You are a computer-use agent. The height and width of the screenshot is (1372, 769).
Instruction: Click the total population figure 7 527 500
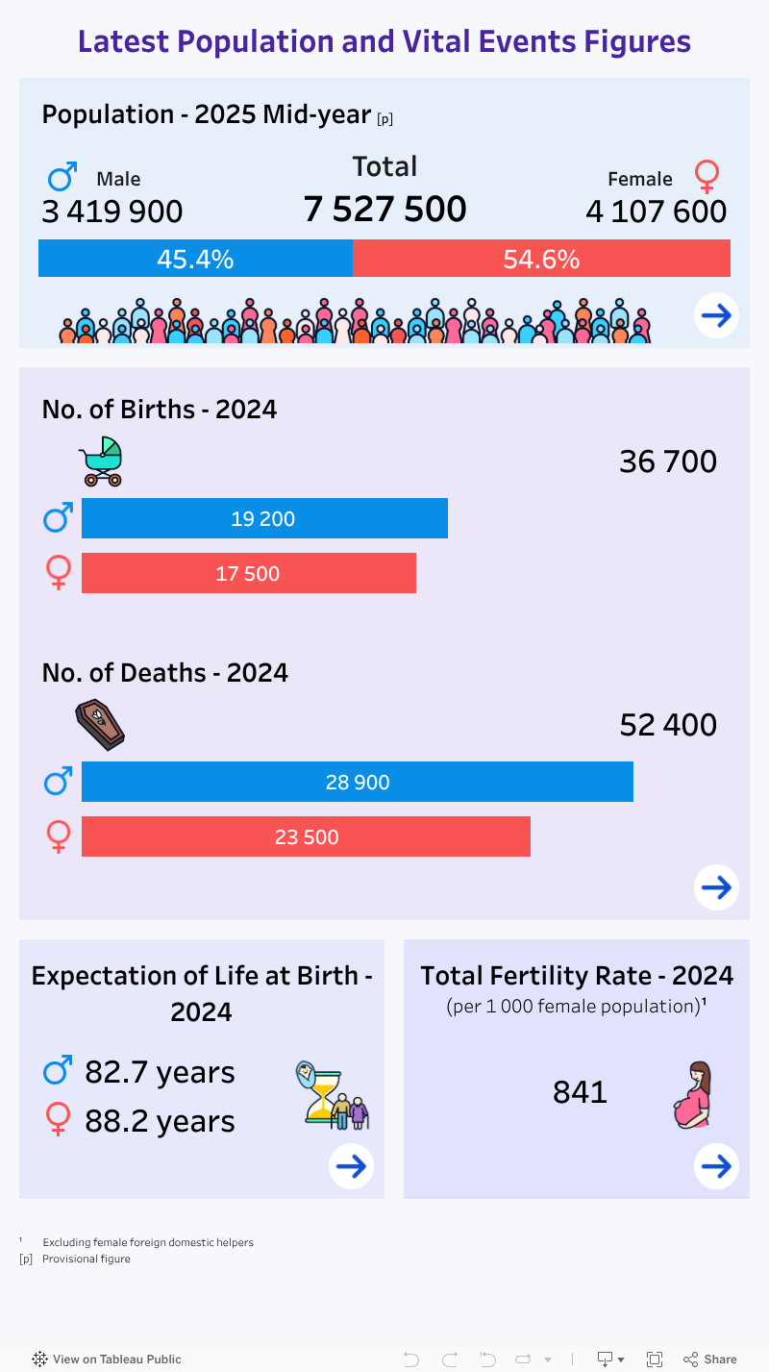pos(384,209)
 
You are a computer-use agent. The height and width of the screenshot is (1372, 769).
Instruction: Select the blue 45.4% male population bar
pos(195,259)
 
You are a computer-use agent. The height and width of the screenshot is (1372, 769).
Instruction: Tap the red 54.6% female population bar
pos(541,259)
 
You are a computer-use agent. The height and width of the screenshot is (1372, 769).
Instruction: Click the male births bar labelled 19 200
pos(264,518)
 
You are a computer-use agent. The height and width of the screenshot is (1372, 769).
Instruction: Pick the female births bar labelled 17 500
pos(248,573)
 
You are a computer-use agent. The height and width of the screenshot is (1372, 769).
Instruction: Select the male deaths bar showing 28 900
pos(357,782)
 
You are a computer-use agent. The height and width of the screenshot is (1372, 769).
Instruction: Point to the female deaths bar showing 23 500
pos(306,836)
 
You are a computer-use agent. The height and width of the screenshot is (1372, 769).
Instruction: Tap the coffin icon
pos(100,725)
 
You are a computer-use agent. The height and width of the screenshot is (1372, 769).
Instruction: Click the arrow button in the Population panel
pos(716,314)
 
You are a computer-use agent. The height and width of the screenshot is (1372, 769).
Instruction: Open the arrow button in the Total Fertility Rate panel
pos(716,1166)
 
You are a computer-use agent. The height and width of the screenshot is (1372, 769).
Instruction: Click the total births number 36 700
pos(668,461)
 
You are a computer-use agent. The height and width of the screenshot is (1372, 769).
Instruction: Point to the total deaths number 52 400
pos(668,725)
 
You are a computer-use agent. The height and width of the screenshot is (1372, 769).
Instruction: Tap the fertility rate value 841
pos(580,1092)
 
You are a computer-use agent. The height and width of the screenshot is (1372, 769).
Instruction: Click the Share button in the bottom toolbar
pos(710,1359)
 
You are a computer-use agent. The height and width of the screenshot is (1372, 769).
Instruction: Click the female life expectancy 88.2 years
pos(160,1121)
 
